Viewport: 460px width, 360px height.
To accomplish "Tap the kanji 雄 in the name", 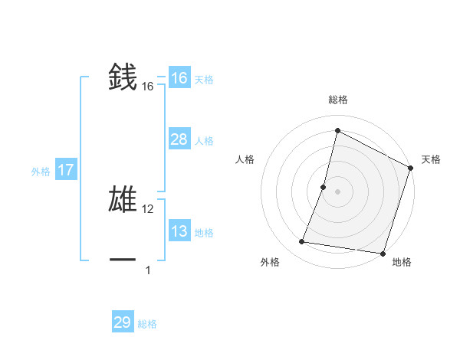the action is tap(123, 198).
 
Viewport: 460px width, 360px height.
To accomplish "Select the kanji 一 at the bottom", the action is tap(123, 260).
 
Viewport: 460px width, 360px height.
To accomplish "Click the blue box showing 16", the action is tap(179, 78).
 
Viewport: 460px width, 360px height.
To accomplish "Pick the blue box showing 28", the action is tap(179, 139).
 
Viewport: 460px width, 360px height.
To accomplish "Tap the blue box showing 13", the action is tap(179, 231).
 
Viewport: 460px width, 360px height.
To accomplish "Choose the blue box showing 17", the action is tap(65, 170).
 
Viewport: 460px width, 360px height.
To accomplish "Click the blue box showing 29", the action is tap(122, 322).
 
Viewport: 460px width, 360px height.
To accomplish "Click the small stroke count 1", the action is tap(148, 270).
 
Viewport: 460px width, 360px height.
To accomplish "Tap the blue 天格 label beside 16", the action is tap(204, 79).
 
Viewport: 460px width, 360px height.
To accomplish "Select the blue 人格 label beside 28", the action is tap(204, 140).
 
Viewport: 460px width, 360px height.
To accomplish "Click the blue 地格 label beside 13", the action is tap(204, 232).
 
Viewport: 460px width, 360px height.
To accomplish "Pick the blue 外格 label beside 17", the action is tap(41, 172).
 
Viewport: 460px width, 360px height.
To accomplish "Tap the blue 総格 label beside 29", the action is tap(147, 324).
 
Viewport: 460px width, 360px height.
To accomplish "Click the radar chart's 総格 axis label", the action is tap(337, 100).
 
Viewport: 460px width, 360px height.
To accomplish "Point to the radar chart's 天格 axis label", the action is tap(431, 159).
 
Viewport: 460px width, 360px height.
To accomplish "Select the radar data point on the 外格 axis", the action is tap(302, 242).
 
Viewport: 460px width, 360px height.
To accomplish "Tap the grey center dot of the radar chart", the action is tap(337, 191).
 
